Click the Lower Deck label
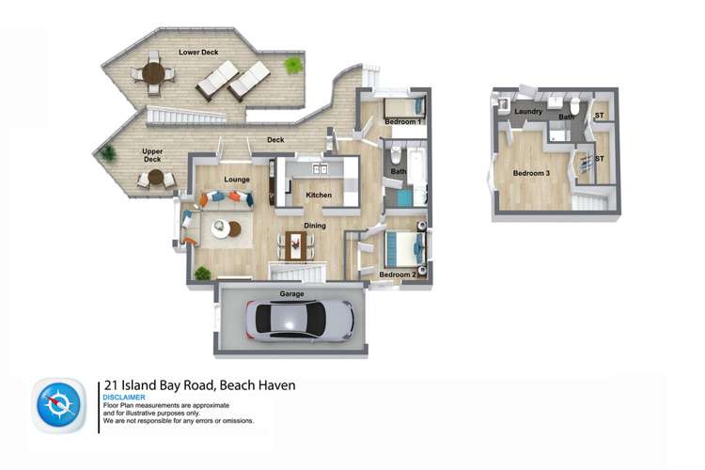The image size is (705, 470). coord(199,52)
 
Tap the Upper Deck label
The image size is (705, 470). coord(153,155)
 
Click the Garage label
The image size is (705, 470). coord(291,294)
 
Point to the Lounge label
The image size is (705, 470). coord(235,179)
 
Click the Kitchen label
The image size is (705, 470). coord(319,196)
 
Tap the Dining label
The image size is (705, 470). coord(315,226)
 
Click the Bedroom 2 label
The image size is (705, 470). coord(397,274)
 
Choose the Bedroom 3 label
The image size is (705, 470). coord(532,173)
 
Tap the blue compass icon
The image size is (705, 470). coord(60,406)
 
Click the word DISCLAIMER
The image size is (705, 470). coord(123,398)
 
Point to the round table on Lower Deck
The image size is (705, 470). coord(152,70)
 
